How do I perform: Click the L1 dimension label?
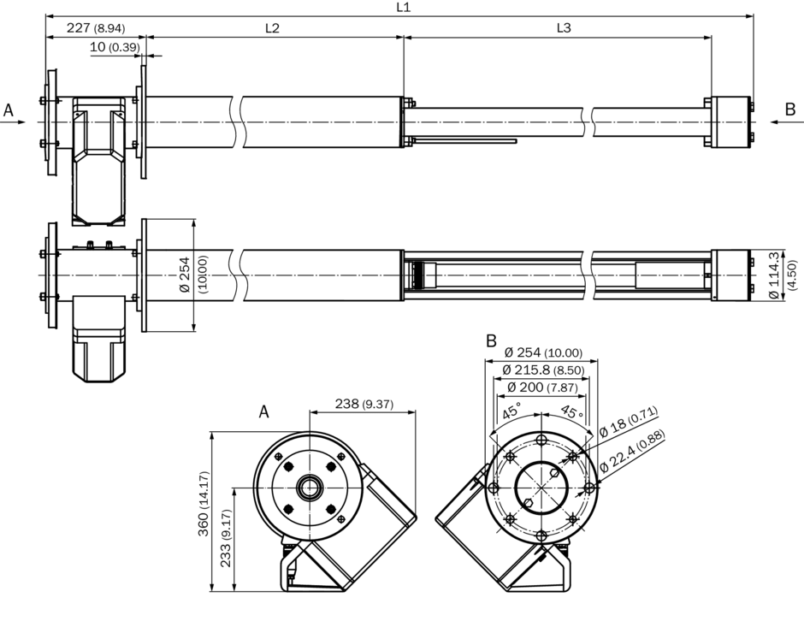click(404, 7)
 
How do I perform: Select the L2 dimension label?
click(272, 28)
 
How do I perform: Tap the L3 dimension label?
click(564, 28)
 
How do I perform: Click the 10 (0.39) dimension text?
click(114, 47)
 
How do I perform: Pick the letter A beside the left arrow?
click(9, 110)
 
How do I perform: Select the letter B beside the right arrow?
click(790, 109)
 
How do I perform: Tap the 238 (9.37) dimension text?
click(363, 404)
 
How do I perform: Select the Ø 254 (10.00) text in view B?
click(542, 352)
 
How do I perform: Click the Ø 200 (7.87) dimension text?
click(542, 387)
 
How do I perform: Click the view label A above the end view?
click(264, 412)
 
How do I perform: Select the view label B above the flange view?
click(491, 341)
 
